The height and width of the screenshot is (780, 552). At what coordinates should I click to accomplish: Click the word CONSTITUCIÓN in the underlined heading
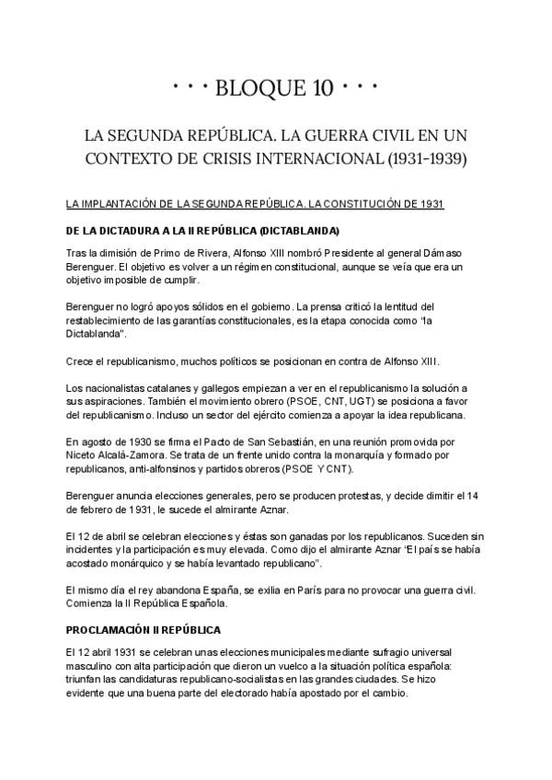pos(367,203)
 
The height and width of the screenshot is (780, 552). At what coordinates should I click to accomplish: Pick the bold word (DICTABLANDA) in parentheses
pos(300,230)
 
